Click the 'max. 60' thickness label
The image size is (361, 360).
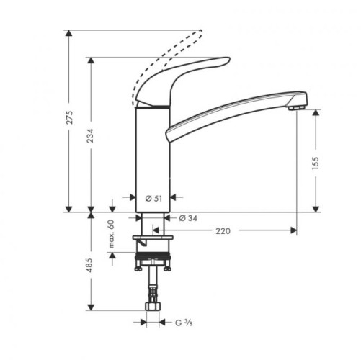[x=112, y=235]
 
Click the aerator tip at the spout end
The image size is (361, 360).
[x=293, y=107]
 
